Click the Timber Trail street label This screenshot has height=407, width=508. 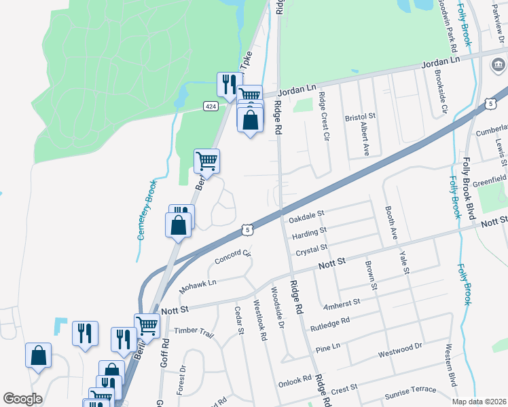(x=194, y=330)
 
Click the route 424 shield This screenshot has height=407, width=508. (x=211, y=106)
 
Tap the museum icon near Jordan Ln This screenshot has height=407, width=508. (x=497, y=66)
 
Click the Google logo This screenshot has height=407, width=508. (x=22, y=399)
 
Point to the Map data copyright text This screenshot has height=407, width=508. (x=477, y=401)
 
